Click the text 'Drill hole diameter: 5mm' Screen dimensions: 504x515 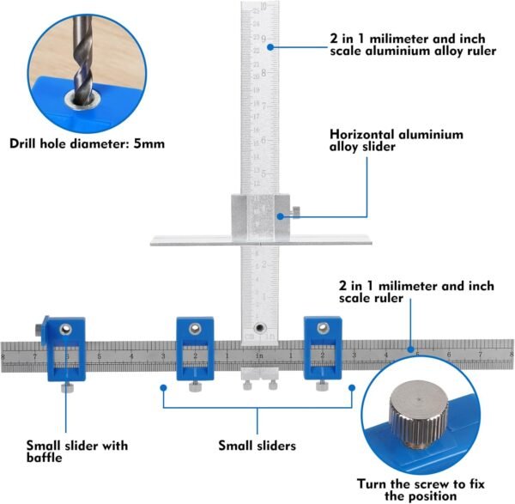[87, 143]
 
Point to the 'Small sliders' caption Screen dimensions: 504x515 [257, 446]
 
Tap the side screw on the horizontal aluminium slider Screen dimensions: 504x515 [294, 212]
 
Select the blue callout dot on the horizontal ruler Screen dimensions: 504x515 [411, 349]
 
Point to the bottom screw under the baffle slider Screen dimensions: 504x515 [64, 388]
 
